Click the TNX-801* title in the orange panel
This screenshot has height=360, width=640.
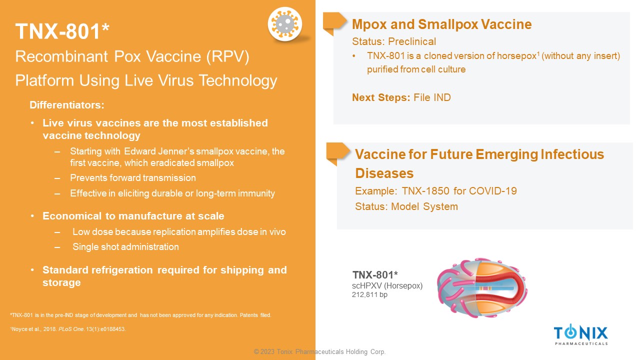click(62, 31)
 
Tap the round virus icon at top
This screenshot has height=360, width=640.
click(285, 24)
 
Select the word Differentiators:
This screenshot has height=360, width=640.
click(67, 105)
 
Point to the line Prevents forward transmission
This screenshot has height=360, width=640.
click(133, 177)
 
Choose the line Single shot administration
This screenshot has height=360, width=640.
click(125, 246)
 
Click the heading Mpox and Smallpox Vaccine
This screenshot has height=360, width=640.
click(441, 24)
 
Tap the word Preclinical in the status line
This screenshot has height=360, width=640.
click(412, 41)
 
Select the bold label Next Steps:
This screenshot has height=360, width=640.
click(381, 97)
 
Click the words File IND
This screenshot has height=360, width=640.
click(432, 97)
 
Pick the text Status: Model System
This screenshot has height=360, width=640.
click(406, 206)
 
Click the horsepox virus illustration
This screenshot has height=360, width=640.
click(482, 287)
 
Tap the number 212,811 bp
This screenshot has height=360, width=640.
click(369, 294)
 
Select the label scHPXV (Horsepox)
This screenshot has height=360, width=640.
click(387, 285)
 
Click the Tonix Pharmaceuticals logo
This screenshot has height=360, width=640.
click(581, 334)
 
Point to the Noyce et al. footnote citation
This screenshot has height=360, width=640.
click(68, 329)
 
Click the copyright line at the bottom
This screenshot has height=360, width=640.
click(319, 351)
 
